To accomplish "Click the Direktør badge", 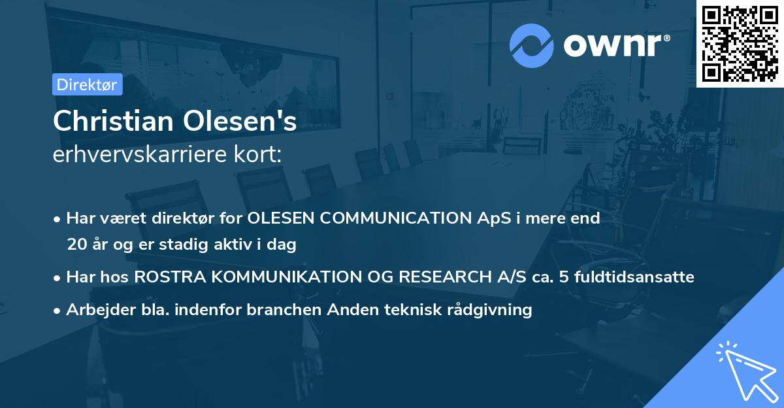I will (87, 84).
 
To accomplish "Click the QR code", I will (740, 43).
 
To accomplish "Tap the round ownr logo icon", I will (532, 45).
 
